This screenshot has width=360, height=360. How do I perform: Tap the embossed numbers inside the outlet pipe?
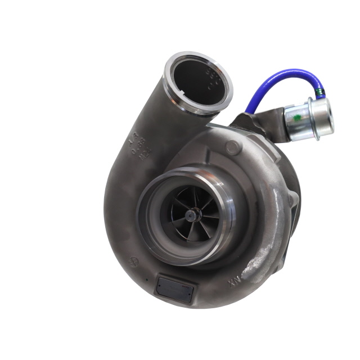click(x=211, y=79)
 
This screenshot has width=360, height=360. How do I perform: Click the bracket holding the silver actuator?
click(x=247, y=121)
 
